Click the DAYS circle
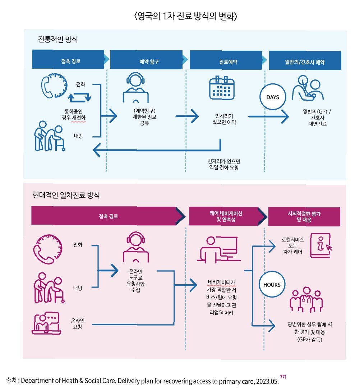[x=272, y=97]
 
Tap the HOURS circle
[x=272, y=284]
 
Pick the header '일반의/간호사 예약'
[x=305, y=61]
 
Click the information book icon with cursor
[x=320, y=244]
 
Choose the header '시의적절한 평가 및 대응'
[x=304, y=217]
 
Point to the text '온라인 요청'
[x=78, y=323]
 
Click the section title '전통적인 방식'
[x=58, y=40]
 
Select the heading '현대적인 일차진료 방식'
[x=66, y=196]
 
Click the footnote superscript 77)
[x=283, y=377]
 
